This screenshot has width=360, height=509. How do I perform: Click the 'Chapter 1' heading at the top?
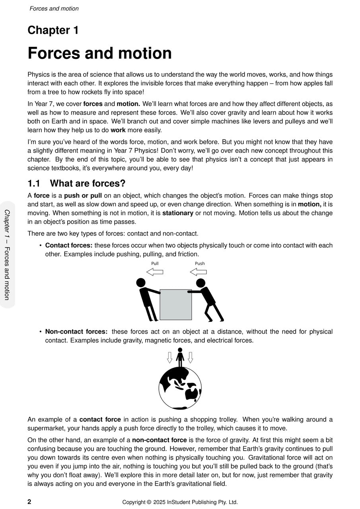53,30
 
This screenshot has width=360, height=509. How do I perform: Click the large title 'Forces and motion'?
99,53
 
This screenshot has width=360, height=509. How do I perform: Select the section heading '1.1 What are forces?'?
76,183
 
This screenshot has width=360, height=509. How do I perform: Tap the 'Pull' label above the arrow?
155,263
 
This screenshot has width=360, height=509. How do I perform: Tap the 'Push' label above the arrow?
200,263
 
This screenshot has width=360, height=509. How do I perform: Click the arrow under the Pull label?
155,272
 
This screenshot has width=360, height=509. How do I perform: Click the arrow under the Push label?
198,272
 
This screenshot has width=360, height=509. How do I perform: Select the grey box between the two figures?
175,304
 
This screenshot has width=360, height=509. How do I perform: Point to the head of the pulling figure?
141,282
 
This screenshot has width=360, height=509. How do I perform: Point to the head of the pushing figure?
200,282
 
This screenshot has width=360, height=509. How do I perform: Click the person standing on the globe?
180,357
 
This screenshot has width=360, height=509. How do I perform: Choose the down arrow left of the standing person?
169,357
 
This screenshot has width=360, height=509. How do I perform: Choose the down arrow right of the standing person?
190,357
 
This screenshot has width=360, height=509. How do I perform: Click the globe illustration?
180,388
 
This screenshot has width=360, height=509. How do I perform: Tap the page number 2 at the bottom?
29,501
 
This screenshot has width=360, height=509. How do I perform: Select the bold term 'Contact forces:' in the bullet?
68,245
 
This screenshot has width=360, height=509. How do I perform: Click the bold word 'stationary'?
177,213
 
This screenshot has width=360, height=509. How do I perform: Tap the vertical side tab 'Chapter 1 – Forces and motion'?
7,254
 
